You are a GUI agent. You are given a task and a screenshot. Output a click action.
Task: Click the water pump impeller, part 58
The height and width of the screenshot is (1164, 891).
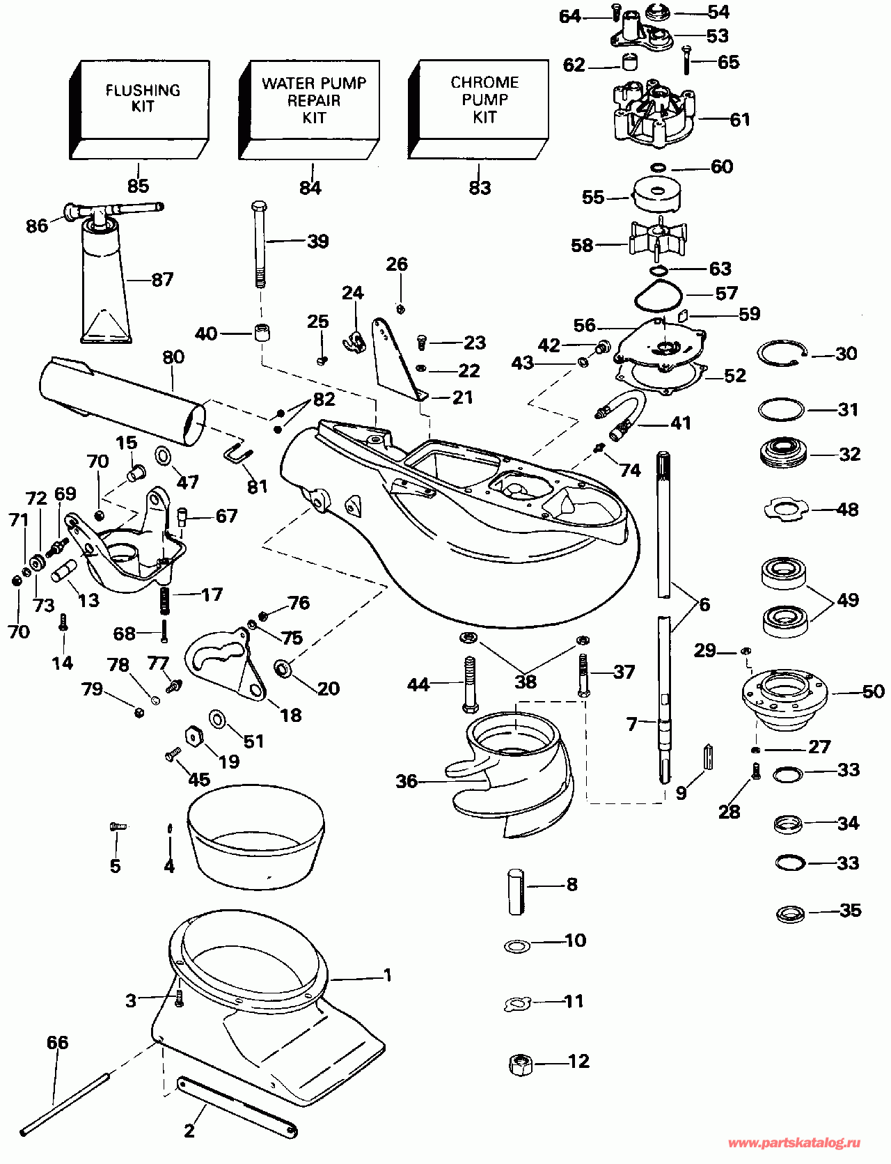click(x=657, y=239)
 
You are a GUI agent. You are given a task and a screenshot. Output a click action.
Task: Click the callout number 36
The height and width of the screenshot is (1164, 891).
click(x=407, y=781)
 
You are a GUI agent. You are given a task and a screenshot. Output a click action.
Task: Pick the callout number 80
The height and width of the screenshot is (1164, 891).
click(x=173, y=357)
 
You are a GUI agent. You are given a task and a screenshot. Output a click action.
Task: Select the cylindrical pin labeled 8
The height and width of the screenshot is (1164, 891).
click(x=516, y=891)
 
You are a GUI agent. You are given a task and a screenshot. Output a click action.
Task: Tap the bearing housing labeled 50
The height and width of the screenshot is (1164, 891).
click(x=784, y=696)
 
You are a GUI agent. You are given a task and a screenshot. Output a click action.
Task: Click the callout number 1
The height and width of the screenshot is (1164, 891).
click(x=388, y=975)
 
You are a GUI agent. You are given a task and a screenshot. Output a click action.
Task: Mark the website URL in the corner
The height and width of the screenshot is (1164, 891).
click(x=794, y=1143)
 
